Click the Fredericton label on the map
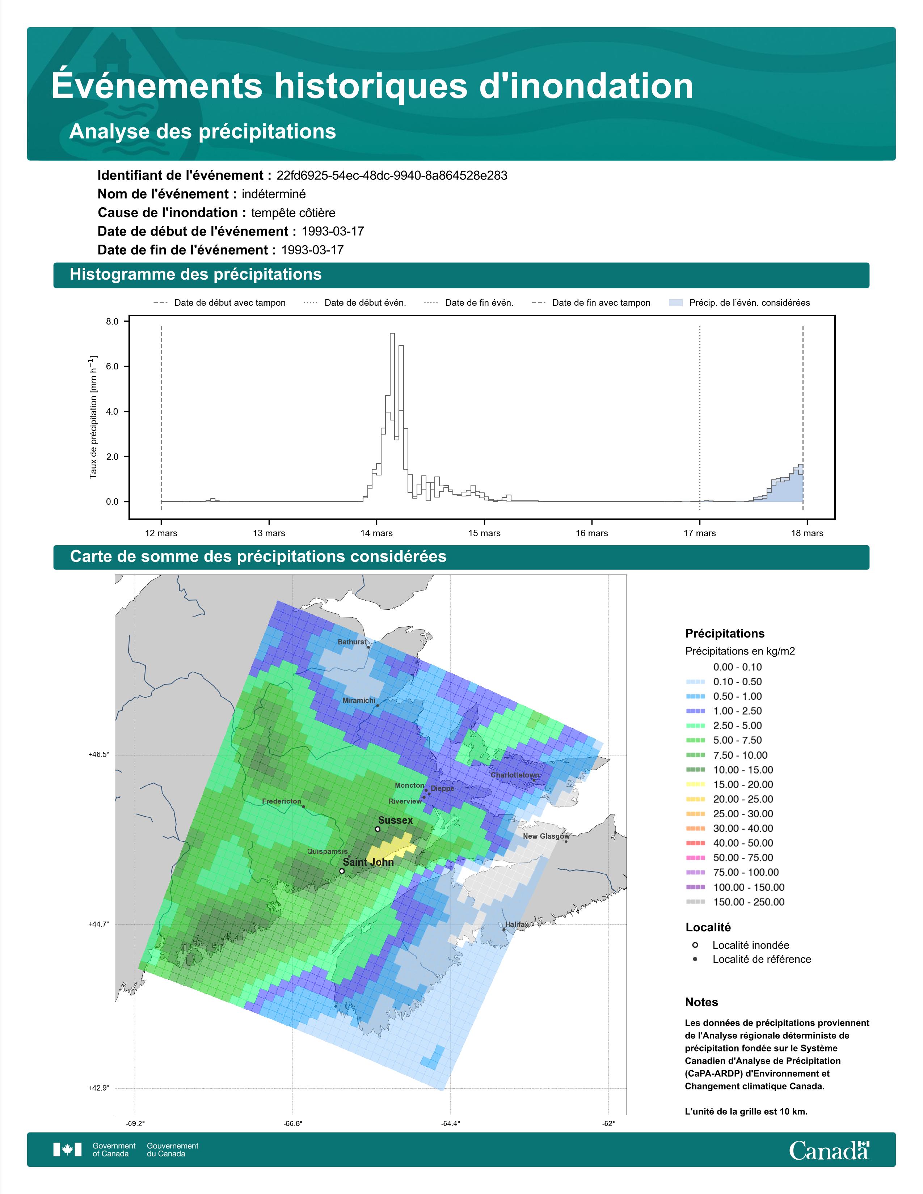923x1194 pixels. pyautogui.click(x=282, y=801)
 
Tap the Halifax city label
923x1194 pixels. pyautogui.click(x=517, y=924)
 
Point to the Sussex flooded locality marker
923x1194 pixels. pyautogui.click(x=377, y=829)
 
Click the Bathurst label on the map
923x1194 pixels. pyautogui.click(x=352, y=642)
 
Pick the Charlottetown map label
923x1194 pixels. pyautogui.click(x=515, y=775)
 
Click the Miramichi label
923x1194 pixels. pyautogui.click(x=359, y=700)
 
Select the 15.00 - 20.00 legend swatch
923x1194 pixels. pyautogui.click(x=695, y=784)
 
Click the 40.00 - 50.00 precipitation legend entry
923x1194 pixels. pyautogui.click(x=734, y=843)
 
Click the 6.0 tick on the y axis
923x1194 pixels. pyautogui.click(x=112, y=366)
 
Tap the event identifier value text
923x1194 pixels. pyautogui.click(x=392, y=175)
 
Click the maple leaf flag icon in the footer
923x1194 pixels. pyautogui.click(x=67, y=1150)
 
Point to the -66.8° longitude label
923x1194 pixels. pyautogui.click(x=293, y=1123)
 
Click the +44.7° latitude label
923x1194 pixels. pyautogui.click(x=99, y=924)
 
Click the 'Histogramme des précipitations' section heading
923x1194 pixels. pyautogui.click(x=196, y=275)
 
